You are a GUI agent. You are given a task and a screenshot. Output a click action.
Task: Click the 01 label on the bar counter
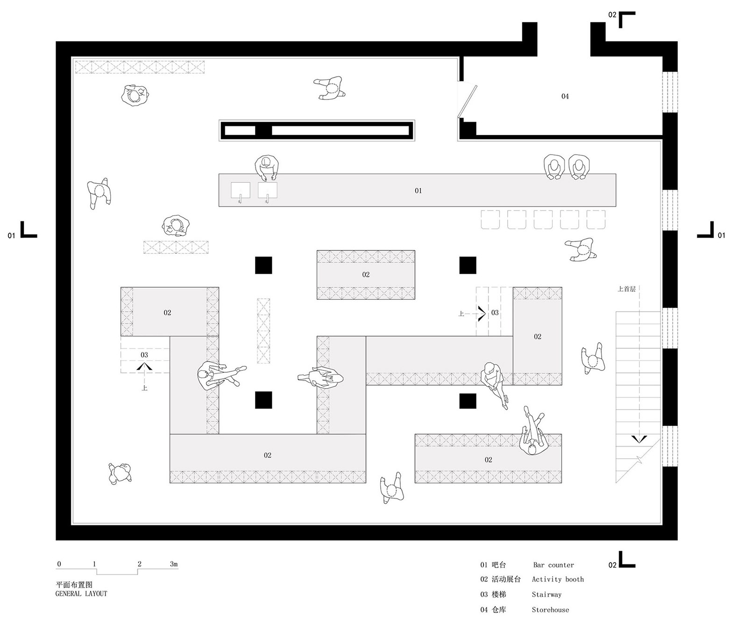pyautogui.click(x=418, y=191)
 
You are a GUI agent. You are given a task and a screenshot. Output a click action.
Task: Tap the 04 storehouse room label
pyautogui.click(x=565, y=96)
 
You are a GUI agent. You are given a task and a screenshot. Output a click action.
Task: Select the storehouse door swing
pyautogui.click(x=467, y=101)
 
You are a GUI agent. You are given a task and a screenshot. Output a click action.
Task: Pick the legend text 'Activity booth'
pyautogui.click(x=558, y=580)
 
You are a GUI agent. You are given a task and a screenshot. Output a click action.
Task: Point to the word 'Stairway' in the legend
pyautogui.click(x=546, y=595)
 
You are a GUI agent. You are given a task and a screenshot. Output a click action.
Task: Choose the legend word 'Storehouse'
pyautogui.click(x=550, y=610)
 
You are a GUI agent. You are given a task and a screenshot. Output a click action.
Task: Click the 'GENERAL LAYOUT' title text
pyautogui.click(x=81, y=594)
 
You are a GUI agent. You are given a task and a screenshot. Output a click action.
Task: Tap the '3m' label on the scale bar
pyautogui.click(x=174, y=564)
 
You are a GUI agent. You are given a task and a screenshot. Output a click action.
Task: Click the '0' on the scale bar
pyautogui.click(x=59, y=564)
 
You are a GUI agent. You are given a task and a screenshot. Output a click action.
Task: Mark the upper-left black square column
pyautogui.click(x=264, y=265)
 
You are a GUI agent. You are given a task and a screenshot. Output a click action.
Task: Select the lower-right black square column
pyautogui.click(x=468, y=401)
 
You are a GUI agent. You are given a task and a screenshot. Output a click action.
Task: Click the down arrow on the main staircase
pyautogui.click(x=639, y=439)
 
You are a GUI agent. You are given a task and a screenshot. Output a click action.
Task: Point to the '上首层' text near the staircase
pyautogui.click(x=626, y=289)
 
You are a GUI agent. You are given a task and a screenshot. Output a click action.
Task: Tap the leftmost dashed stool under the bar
pyautogui.click(x=490, y=220)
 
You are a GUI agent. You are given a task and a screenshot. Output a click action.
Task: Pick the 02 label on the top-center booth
pyautogui.click(x=365, y=275)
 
